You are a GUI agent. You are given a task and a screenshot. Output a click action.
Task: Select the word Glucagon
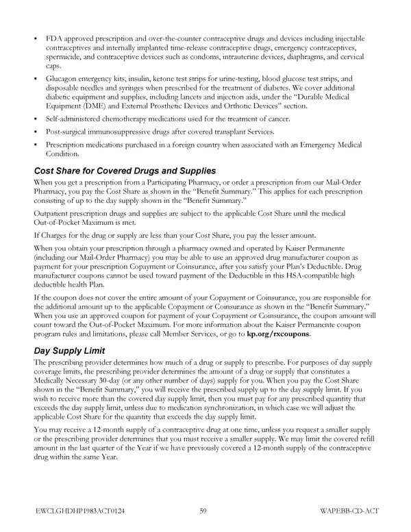[x=62, y=79]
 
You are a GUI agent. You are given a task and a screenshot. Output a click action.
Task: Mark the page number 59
[x=204, y=509]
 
